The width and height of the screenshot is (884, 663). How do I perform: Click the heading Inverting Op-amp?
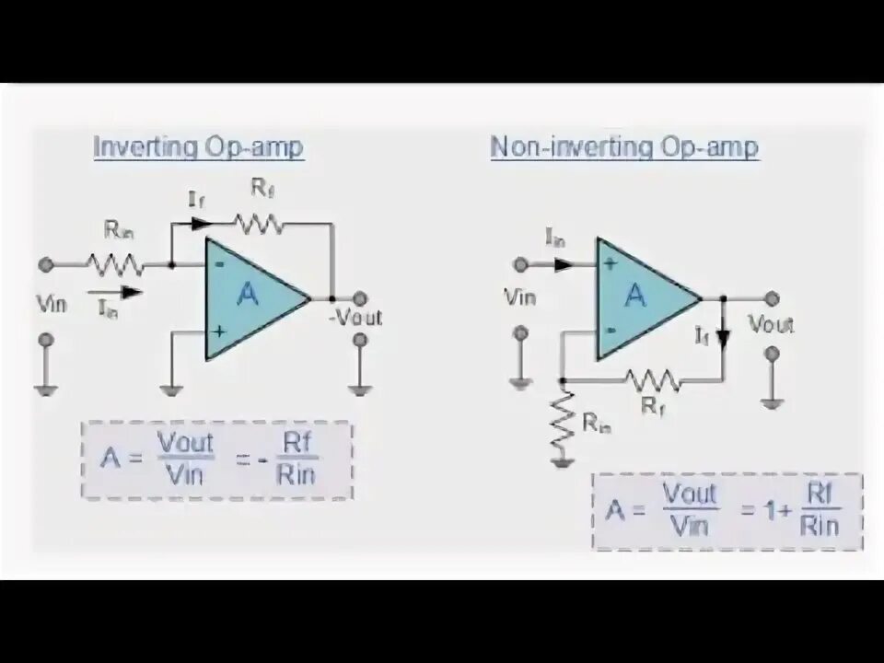coord(198,147)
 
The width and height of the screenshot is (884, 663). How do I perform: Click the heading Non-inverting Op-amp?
coord(624,147)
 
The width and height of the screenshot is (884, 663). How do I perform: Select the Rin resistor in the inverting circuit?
coord(115,264)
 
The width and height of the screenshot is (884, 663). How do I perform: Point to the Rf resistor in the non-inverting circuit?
coord(651,378)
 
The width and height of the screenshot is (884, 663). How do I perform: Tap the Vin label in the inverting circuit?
coord(51,304)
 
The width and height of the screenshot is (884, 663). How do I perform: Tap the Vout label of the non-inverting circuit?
coord(771,324)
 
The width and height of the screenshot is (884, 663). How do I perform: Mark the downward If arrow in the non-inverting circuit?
coord(723,336)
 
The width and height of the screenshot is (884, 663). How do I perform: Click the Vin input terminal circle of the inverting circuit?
coord(45,264)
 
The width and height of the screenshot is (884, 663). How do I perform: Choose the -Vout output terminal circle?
coord(360,297)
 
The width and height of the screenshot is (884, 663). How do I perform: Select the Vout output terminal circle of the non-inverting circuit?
coord(772,298)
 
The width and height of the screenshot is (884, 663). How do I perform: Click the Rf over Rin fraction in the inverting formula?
coord(297,459)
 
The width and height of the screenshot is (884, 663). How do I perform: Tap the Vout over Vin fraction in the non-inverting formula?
coord(689,509)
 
